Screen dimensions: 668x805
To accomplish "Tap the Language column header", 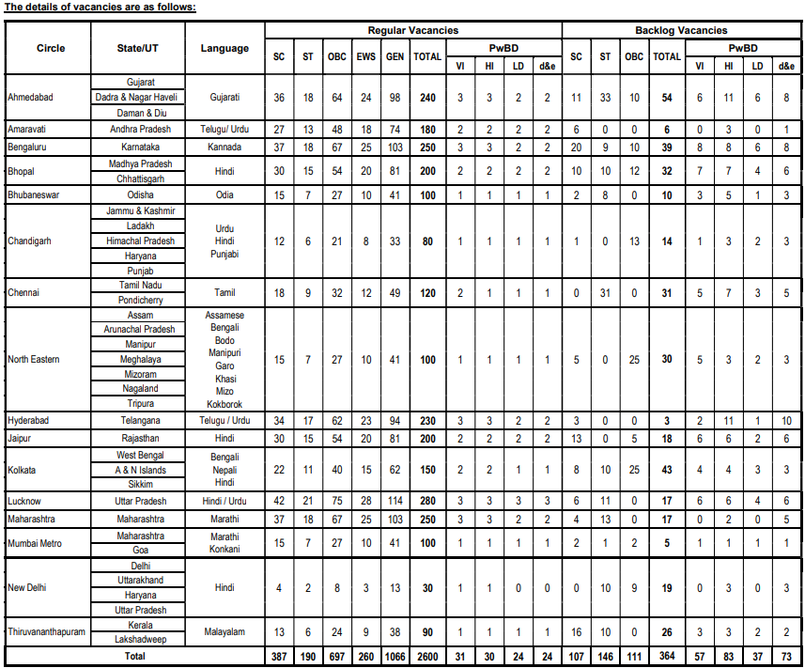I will (224, 48).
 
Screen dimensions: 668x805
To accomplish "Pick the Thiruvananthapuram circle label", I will (46, 632).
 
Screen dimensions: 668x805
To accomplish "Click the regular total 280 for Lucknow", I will (427, 501).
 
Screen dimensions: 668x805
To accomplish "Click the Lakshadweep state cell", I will (139, 640).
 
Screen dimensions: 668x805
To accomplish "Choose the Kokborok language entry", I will (224, 402).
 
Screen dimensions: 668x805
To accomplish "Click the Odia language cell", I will (224, 194).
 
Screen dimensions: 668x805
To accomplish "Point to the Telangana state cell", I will (139, 420).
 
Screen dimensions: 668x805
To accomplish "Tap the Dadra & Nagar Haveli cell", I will (139, 98).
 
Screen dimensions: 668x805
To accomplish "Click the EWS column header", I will (365, 56).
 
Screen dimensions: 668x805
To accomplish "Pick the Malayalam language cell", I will (224, 632).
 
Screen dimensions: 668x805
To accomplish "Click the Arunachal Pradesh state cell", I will (139, 329).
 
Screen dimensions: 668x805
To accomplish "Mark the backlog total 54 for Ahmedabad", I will (667, 98).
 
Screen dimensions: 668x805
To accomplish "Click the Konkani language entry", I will (224, 550).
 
